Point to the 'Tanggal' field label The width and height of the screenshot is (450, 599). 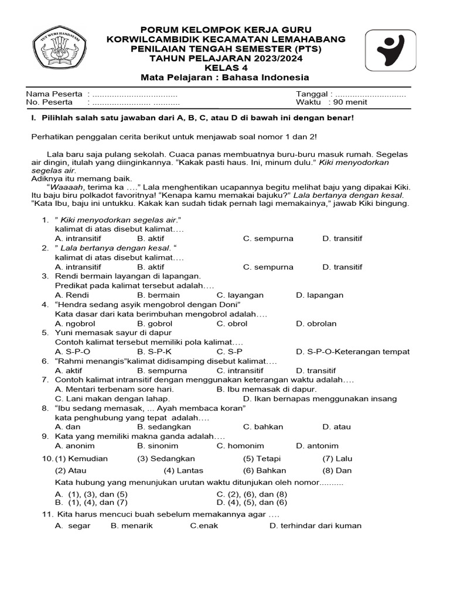pos(314,94)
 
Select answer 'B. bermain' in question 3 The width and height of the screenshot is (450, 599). pos(158,295)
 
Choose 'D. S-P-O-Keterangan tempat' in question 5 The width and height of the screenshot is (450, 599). pos(353,352)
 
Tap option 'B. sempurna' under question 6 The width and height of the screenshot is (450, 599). pos(162,370)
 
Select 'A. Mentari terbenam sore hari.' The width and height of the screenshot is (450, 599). pos(114,389)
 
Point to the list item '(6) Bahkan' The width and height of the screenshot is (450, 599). pos(264,470)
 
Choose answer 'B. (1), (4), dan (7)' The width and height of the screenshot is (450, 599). pos(91,502)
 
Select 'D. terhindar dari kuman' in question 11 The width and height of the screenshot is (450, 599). pos(315,525)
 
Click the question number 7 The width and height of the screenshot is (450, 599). pos(45,380)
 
